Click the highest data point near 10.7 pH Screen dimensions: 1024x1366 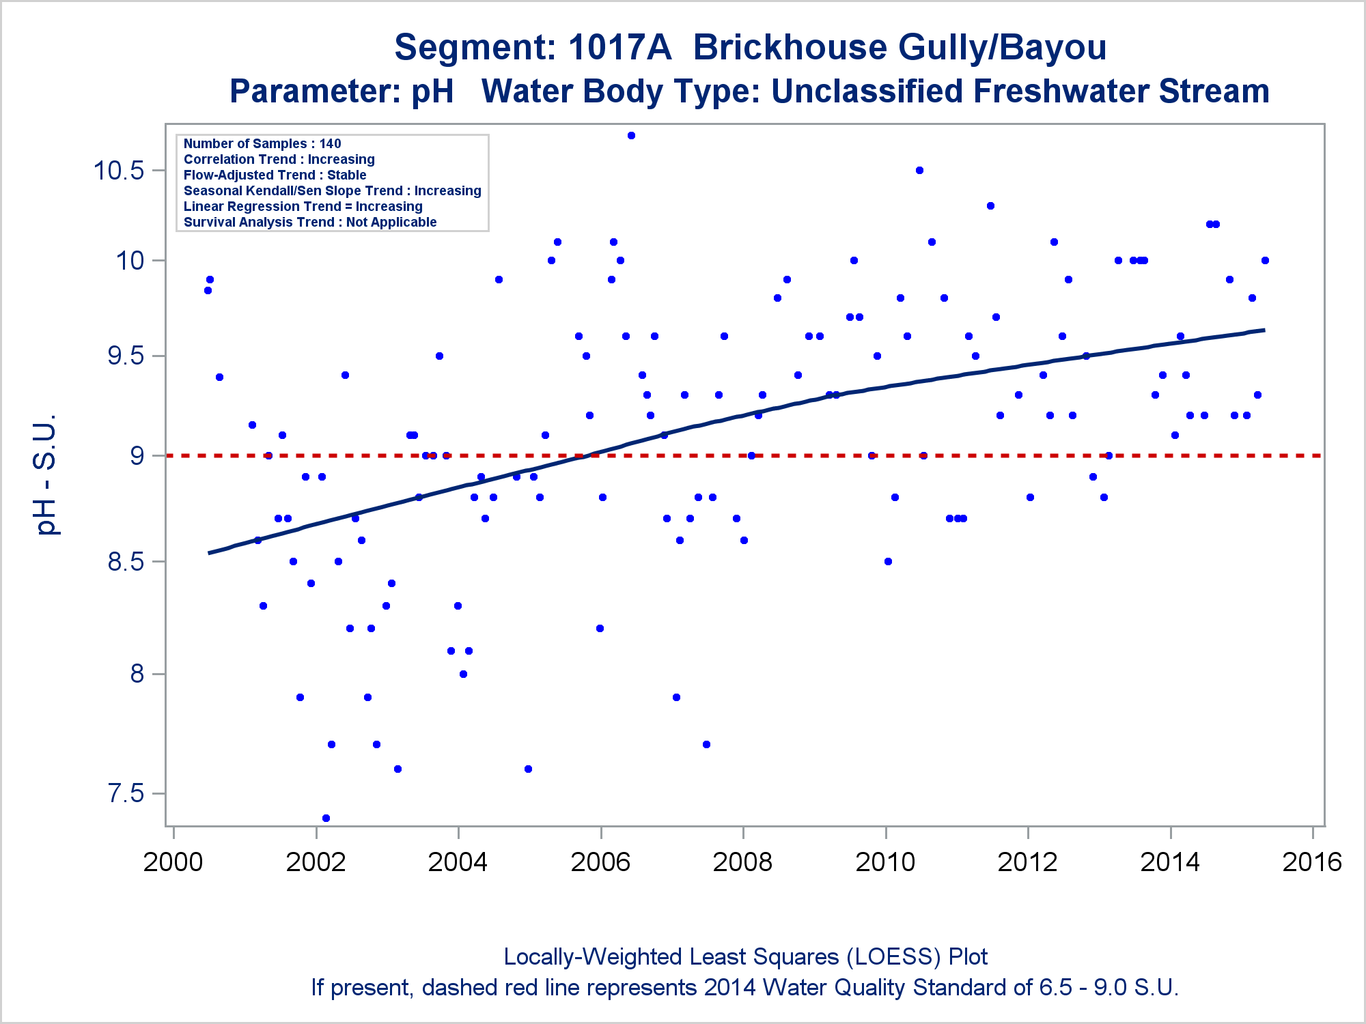pyautogui.click(x=631, y=135)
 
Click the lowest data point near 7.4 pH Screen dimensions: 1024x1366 pyautogui.click(x=326, y=818)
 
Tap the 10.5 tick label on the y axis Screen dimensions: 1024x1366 pyautogui.click(x=119, y=170)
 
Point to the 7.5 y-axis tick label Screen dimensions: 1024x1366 pyautogui.click(x=126, y=793)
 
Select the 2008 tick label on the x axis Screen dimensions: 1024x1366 pyautogui.click(x=742, y=862)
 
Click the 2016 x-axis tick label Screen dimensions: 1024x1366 pyautogui.click(x=1312, y=862)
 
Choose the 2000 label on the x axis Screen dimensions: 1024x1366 pyautogui.click(x=173, y=862)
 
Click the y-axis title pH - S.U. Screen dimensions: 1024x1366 pyautogui.click(x=46, y=474)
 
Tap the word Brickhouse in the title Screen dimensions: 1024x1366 pyautogui.click(x=790, y=47)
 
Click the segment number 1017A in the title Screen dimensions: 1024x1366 pyautogui.click(x=619, y=47)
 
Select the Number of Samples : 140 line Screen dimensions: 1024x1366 pyautogui.click(x=262, y=143)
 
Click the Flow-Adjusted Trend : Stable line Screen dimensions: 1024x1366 pyautogui.click(x=275, y=175)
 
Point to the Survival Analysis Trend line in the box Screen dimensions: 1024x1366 pyautogui.click(x=310, y=222)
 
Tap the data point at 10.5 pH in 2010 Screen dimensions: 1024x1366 pyautogui.click(x=919, y=170)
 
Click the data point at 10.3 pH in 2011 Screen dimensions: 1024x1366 pyautogui.click(x=990, y=205)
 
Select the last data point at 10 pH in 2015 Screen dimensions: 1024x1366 pyautogui.click(x=1265, y=260)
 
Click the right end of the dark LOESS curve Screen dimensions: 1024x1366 pyautogui.click(x=1264, y=330)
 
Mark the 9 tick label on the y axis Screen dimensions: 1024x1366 pyautogui.click(x=137, y=455)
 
